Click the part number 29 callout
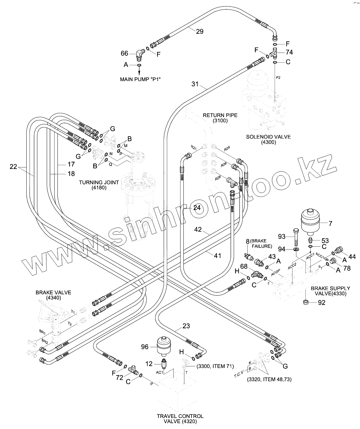[200, 31]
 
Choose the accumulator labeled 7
[309, 222]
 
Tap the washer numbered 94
[296, 249]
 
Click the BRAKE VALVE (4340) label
[53, 295]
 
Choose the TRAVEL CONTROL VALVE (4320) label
[180, 419]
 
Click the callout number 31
[195, 84]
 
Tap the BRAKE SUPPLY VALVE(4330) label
[330, 291]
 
